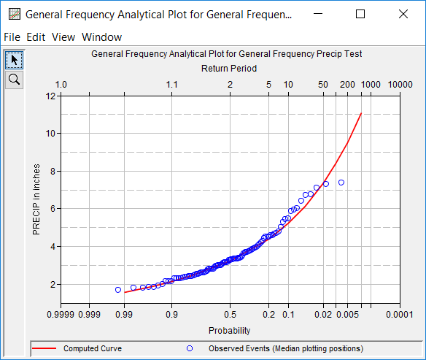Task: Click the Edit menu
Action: pos(36,37)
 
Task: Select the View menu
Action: pos(63,37)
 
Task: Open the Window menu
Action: pos(101,37)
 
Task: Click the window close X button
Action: pos(405,14)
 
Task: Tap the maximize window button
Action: pos(360,14)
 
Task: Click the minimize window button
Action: pos(316,14)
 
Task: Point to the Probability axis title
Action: pos(229,330)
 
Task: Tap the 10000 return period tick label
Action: pos(400,85)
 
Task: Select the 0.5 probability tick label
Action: pos(230,315)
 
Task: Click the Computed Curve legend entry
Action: pos(92,349)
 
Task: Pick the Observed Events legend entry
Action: pos(285,349)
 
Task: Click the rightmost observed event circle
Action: pos(341,183)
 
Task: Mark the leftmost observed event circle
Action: pos(118,290)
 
